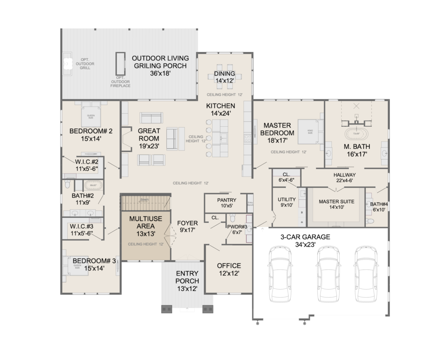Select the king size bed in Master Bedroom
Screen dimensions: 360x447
pos(310,132)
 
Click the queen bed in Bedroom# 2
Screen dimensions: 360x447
pos(91,116)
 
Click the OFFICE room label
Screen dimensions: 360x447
pos(229,266)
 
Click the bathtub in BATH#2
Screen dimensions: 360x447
pos(93,185)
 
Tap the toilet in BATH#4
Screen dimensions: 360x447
pos(370,221)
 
